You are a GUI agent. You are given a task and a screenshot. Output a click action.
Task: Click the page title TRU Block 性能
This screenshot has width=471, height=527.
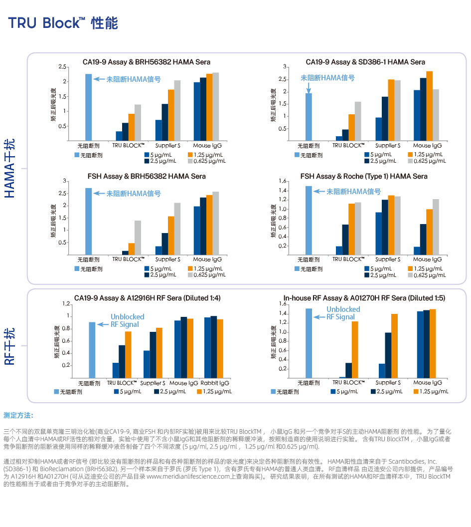63,23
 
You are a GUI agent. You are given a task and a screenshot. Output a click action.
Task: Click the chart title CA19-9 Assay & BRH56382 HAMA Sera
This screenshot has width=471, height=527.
147,62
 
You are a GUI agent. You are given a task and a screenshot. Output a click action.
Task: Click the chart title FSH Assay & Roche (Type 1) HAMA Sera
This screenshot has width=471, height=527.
364,176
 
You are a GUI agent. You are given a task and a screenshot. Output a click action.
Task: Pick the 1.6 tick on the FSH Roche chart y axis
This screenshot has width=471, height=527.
282,181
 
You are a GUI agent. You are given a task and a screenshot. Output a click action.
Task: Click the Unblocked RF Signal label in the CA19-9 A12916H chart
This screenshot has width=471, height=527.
127,320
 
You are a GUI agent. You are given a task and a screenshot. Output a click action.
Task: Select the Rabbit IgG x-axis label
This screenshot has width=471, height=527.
213,383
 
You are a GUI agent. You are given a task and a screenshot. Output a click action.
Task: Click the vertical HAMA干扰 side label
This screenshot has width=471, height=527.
10,168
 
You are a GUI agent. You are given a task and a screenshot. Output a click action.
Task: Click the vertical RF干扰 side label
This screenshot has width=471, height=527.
10,346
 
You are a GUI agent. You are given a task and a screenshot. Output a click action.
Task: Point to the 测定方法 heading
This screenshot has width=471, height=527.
18,415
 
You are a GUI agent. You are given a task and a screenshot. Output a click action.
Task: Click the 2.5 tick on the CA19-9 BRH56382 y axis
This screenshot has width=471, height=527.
62,66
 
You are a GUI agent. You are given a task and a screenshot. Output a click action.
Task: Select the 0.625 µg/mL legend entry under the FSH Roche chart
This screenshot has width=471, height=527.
426,275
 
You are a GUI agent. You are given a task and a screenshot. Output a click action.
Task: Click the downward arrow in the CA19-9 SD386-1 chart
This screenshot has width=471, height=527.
309,87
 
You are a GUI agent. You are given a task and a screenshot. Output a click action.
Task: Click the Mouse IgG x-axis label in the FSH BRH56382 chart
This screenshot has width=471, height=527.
207,260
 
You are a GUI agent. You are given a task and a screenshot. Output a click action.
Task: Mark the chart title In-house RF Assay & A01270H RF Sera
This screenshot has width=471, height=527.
364,298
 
